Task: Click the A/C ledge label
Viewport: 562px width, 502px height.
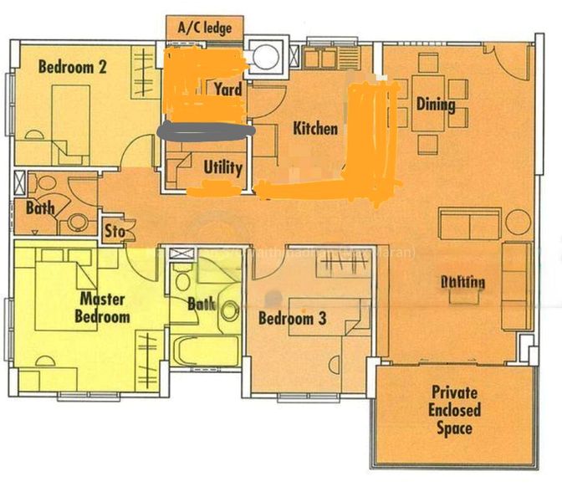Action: [x=204, y=28]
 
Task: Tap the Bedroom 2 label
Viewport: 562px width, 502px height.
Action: [x=73, y=68]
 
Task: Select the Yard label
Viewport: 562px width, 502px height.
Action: [x=228, y=89]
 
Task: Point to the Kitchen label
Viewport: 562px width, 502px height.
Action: [x=315, y=129]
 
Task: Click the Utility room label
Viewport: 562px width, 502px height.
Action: [x=223, y=167]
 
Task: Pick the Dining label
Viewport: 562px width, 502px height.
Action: [x=436, y=105]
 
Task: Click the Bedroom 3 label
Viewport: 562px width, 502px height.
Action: [x=292, y=319]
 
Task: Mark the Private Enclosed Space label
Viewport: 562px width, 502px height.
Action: [x=455, y=410]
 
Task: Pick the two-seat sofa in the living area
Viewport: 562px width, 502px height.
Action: [x=470, y=224]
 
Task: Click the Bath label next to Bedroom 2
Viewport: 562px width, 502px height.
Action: [x=39, y=207]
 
